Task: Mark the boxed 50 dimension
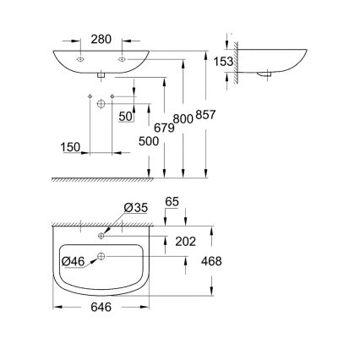point(125,116)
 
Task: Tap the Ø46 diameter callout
point(74,261)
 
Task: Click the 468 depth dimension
point(211,261)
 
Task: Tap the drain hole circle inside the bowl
point(100,256)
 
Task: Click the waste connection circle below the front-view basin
point(100,103)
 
